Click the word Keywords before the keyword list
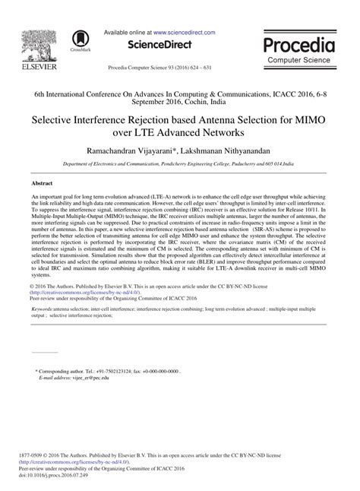pos(46,331)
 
